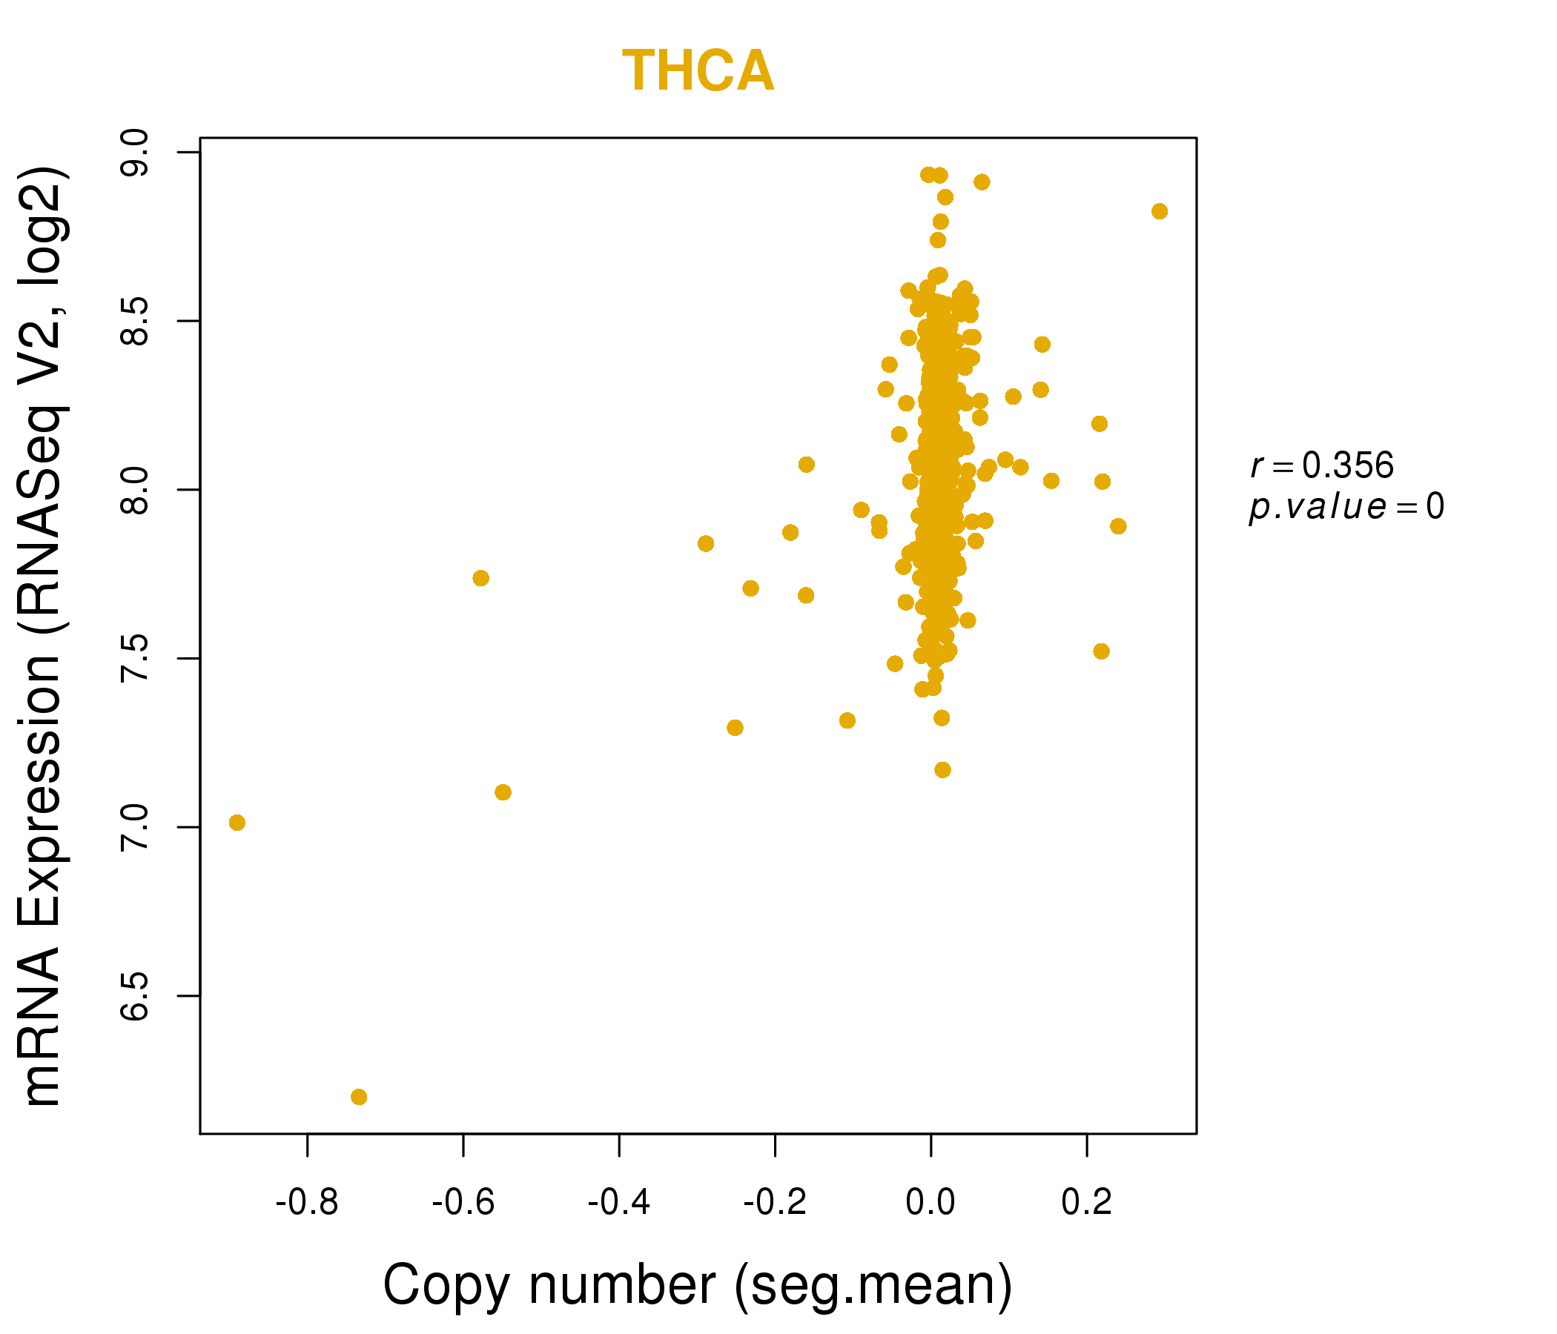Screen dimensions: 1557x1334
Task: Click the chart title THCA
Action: click(698, 71)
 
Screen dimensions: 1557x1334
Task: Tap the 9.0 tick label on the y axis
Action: click(135, 152)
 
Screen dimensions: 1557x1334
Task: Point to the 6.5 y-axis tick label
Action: click(135, 996)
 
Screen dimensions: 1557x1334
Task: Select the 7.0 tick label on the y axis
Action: click(135, 827)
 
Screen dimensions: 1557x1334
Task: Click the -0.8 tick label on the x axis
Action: click(307, 1203)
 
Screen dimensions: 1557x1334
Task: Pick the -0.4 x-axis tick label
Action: click(618, 1203)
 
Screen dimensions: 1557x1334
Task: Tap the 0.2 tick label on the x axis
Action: click(1087, 1203)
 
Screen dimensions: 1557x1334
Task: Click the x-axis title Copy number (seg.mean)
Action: click(698, 1285)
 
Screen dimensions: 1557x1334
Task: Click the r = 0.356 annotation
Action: click(1322, 465)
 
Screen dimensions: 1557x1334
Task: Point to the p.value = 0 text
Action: click(1346, 508)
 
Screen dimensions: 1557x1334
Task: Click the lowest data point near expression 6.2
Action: click(359, 1098)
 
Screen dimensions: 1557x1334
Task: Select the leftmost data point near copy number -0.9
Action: click(237, 823)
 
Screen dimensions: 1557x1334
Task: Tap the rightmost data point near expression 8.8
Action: click(1160, 211)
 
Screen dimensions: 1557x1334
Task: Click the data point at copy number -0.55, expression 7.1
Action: click(503, 792)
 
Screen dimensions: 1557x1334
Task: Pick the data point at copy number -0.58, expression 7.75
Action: click(481, 578)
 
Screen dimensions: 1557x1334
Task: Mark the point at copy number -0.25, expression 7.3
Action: click(735, 728)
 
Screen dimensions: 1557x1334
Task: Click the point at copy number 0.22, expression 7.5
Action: click(1101, 651)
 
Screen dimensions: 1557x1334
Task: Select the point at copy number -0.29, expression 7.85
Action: click(706, 544)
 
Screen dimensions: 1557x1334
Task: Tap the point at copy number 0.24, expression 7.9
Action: click(1118, 526)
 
